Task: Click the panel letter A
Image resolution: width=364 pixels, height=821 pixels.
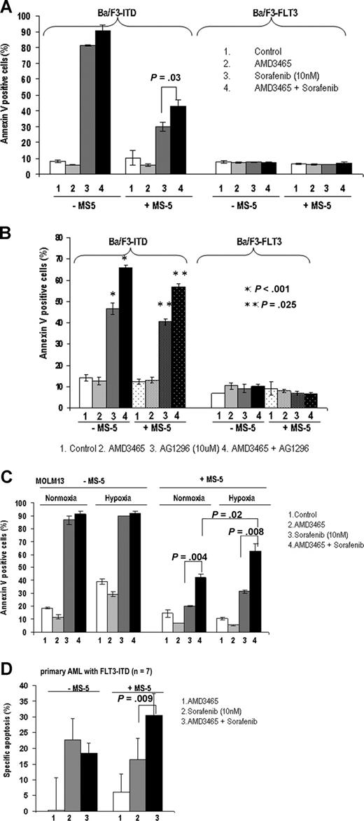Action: (8, 7)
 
